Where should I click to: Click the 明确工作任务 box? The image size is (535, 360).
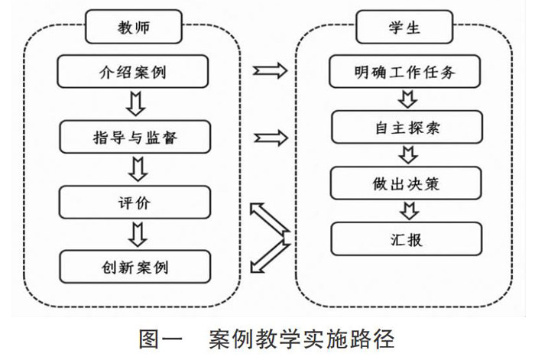406,73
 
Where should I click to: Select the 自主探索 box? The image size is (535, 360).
406,128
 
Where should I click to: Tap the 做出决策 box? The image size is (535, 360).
406,184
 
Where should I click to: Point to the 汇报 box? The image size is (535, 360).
406,239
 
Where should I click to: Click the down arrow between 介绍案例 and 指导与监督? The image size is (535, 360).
135,105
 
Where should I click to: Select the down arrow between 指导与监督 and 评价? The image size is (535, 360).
135,170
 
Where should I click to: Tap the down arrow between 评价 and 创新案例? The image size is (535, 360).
135,235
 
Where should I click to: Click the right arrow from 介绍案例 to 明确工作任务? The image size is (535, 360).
270,73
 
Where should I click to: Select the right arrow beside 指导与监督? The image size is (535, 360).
270,138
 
